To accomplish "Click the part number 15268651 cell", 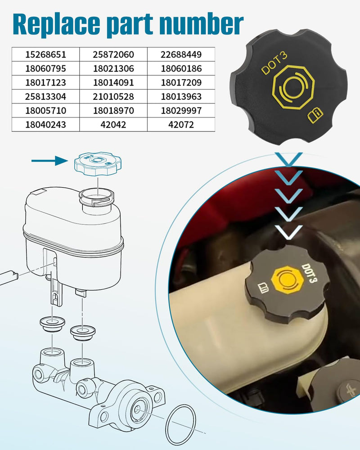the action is click(x=45, y=54).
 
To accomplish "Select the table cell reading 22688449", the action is click(x=181, y=54).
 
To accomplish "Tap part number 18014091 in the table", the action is click(x=113, y=82).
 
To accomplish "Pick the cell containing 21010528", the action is click(x=113, y=96).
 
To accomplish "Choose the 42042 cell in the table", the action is click(x=113, y=125).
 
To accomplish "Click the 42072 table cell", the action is click(x=181, y=125).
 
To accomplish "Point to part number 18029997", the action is click(x=181, y=111).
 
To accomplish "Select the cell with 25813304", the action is click(x=45, y=96).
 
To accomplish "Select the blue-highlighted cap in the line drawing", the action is click(x=98, y=164).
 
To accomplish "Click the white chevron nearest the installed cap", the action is click(x=288, y=232).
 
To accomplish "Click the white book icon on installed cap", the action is click(x=263, y=288).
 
